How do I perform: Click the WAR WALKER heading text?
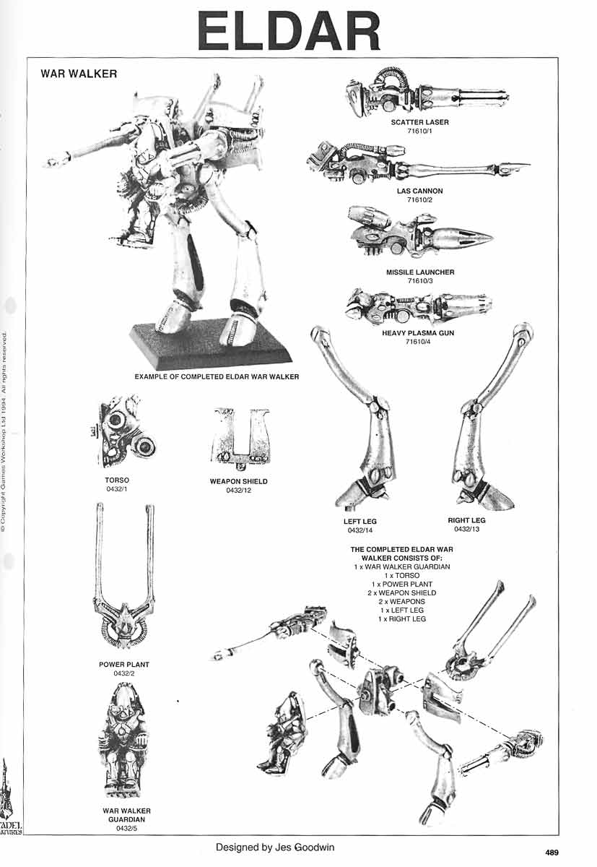click(x=79, y=74)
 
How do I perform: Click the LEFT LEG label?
click(x=359, y=521)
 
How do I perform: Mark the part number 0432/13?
click(x=466, y=529)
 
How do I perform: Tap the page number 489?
click(x=552, y=853)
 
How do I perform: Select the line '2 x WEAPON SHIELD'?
click(x=402, y=592)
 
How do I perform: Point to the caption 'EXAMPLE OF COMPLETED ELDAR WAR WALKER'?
click(x=216, y=376)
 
